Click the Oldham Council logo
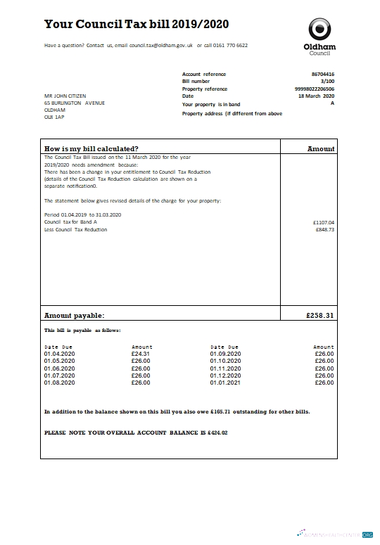tap(319, 36)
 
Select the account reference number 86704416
tap(323, 74)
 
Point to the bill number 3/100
tap(328, 82)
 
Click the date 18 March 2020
tap(317, 96)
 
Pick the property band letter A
tap(332, 103)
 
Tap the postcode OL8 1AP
tap(54, 117)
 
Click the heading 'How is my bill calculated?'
tap(91, 148)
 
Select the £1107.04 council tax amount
tap(324, 222)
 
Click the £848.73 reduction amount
tap(324, 230)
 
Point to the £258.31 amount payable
tap(320, 316)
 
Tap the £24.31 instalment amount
tap(141, 354)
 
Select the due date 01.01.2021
tap(225, 383)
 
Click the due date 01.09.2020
tap(225, 354)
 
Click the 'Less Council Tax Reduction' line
tap(76, 230)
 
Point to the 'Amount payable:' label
tap(75, 316)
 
